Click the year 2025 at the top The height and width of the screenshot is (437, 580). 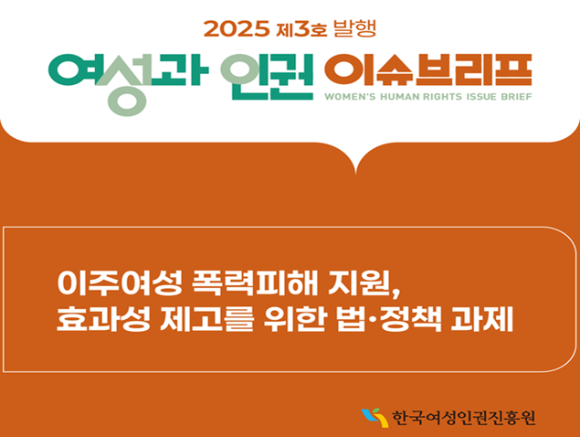pos(237,29)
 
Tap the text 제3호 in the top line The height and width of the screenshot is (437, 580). pos(301,29)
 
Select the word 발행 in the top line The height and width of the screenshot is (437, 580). pos(354,28)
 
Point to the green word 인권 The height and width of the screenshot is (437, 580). pos(267,77)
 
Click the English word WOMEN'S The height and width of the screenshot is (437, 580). pos(350,97)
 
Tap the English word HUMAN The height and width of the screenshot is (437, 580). pos(400,97)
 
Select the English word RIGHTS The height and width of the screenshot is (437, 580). pos(442,97)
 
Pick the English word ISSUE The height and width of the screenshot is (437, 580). pos(481,97)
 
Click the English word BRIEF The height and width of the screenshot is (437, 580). pos(516,97)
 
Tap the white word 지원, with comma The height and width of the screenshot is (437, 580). pos(364,284)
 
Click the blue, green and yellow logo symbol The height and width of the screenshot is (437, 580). pos(374,418)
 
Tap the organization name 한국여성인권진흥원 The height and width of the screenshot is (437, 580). pos(463,418)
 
